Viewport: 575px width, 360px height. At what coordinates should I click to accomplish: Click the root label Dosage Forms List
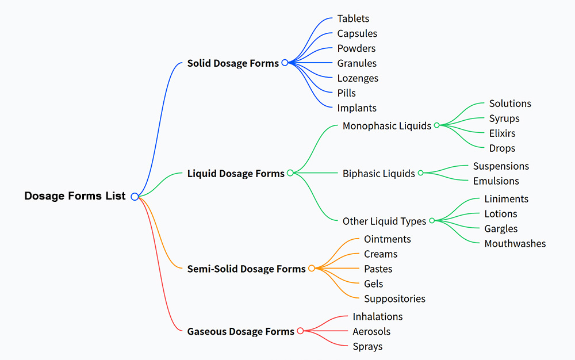click(x=75, y=196)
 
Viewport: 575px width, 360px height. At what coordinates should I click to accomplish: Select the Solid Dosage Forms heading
click(x=233, y=63)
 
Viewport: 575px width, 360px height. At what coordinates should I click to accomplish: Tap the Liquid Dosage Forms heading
click(x=236, y=173)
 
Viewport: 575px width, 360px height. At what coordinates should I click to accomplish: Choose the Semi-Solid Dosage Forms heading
click(x=246, y=269)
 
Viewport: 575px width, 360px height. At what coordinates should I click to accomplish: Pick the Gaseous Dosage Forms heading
click(x=240, y=331)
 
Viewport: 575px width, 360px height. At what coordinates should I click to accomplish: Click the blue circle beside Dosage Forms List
click(x=135, y=197)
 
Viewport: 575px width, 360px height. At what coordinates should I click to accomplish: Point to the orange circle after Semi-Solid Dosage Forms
click(x=312, y=268)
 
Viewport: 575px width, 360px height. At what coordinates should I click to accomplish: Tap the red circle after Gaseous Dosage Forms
click(x=300, y=331)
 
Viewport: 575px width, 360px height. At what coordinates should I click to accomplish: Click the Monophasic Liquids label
click(x=386, y=126)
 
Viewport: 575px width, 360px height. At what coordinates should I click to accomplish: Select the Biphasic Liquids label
click(x=378, y=174)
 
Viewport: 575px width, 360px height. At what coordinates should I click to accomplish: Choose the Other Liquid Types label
click(x=384, y=221)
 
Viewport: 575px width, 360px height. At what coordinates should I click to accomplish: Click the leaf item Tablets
click(x=353, y=19)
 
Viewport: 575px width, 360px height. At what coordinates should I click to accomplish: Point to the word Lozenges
click(x=358, y=78)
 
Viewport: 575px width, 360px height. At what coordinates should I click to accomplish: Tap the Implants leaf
click(x=356, y=108)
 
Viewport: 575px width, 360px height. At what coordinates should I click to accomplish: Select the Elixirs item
click(x=502, y=133)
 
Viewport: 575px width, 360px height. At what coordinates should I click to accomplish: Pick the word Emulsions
click(x=496, y=181)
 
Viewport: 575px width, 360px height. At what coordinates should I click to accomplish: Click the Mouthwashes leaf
click(x=515, y=244)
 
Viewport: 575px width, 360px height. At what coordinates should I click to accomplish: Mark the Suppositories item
click(x=394, y=299)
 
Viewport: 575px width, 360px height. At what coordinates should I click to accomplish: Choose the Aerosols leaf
click(x=371, y=332)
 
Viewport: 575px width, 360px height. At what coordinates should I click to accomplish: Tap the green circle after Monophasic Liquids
click(x=436, y=125)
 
